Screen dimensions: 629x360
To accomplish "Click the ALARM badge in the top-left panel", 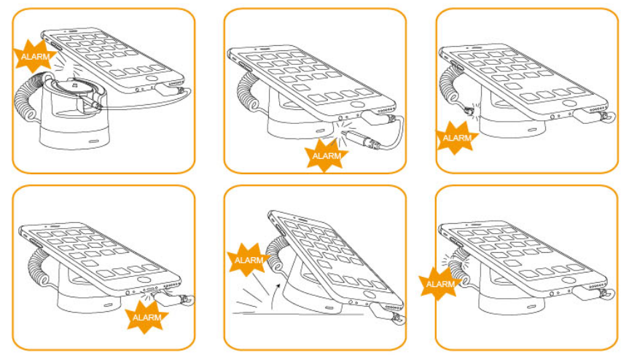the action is [x=34, y=57].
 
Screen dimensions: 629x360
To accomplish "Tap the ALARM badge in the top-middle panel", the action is [x=327, y=155].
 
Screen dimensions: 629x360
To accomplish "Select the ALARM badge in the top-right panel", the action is [x=456, y=138].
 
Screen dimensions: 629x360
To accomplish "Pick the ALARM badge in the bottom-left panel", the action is [x=146, y=318].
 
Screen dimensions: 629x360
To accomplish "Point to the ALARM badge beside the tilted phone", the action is [x=249, y=260].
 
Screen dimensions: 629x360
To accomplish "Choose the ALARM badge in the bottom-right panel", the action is [x=440, y=283].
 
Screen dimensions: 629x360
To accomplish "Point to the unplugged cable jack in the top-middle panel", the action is [x=361, y=138].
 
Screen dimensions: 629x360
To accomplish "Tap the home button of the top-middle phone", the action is [x=356, y=104].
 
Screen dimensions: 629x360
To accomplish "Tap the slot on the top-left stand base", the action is [x=94, y=141].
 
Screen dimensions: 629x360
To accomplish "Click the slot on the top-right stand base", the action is [x=532, y=130].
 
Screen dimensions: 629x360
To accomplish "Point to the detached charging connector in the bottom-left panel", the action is [x=173, y=298].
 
